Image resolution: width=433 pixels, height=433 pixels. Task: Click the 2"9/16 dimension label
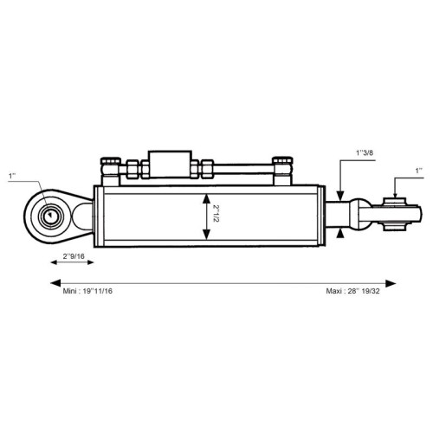(74, 256)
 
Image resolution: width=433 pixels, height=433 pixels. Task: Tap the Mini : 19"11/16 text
(87, 291)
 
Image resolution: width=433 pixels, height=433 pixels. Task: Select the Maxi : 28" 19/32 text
(352, 291)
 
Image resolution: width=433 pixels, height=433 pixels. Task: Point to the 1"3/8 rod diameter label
(365, 152)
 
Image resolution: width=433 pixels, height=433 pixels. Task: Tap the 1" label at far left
(12, 176)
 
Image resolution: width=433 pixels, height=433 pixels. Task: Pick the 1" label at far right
(419, 171)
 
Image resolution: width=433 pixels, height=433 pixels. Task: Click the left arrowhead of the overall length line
(55, 283)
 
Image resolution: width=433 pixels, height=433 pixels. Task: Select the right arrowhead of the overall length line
(391, 283)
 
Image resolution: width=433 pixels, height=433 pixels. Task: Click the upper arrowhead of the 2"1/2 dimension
(206, 198)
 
